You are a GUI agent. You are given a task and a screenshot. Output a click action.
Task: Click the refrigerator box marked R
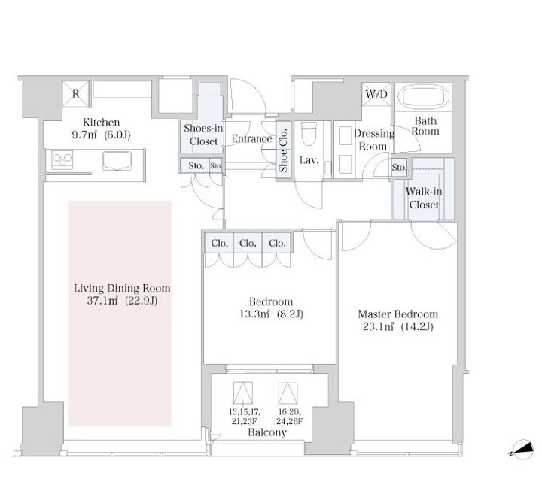[x=76, y=93]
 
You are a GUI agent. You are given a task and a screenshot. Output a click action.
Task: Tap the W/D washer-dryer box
[x=376, y=93]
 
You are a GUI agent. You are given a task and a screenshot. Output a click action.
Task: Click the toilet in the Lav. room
[x=309, y=134]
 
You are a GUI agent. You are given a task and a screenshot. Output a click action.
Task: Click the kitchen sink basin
[x=117, y=161]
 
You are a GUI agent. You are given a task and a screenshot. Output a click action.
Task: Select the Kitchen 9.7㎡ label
[x=102, y=128]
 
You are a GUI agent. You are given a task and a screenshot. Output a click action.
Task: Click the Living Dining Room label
[x=122, y=294]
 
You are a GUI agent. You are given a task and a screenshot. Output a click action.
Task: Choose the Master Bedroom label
[x=398, y=320]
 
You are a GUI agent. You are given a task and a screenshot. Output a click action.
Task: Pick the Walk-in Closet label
[x=424, y=198]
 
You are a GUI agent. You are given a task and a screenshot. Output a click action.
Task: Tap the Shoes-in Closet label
[x=203, y=135]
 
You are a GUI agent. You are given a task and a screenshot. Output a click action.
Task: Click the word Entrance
[x=252, y=139]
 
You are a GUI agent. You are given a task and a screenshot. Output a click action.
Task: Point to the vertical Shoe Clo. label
[x=284, y=150]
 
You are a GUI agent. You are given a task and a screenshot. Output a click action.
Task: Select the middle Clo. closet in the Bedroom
[x=248, y=243]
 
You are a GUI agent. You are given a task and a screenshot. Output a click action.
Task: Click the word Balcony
[x=267, y=432]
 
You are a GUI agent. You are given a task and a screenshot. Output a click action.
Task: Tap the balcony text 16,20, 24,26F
[x=289, y=417]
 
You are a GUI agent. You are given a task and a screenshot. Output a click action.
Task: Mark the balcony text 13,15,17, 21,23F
[x=245, y=417]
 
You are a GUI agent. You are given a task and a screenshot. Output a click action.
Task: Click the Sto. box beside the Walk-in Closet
[x=399, y=168]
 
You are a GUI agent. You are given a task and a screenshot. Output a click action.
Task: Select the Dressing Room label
[x=373, y=140]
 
